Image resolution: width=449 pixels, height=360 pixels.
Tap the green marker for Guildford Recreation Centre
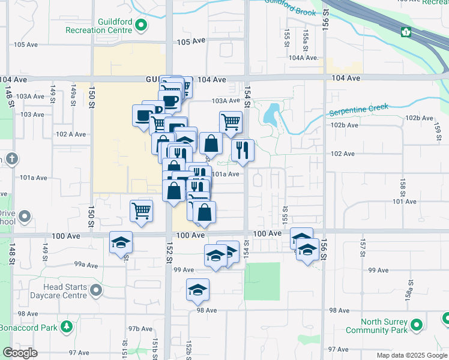coord(141,25)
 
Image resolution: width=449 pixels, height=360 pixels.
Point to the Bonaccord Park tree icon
coord(66,327)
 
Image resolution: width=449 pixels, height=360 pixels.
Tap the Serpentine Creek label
coord(358,110)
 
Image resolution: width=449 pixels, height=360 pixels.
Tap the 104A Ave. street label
coord(303,58)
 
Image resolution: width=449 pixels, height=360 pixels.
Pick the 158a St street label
coord(408,289)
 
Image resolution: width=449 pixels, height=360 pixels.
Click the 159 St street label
coord(438,128)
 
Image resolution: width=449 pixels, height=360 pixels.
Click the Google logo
coord(20,353)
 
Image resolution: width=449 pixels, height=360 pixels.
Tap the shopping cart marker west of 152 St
coord(142,211)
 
